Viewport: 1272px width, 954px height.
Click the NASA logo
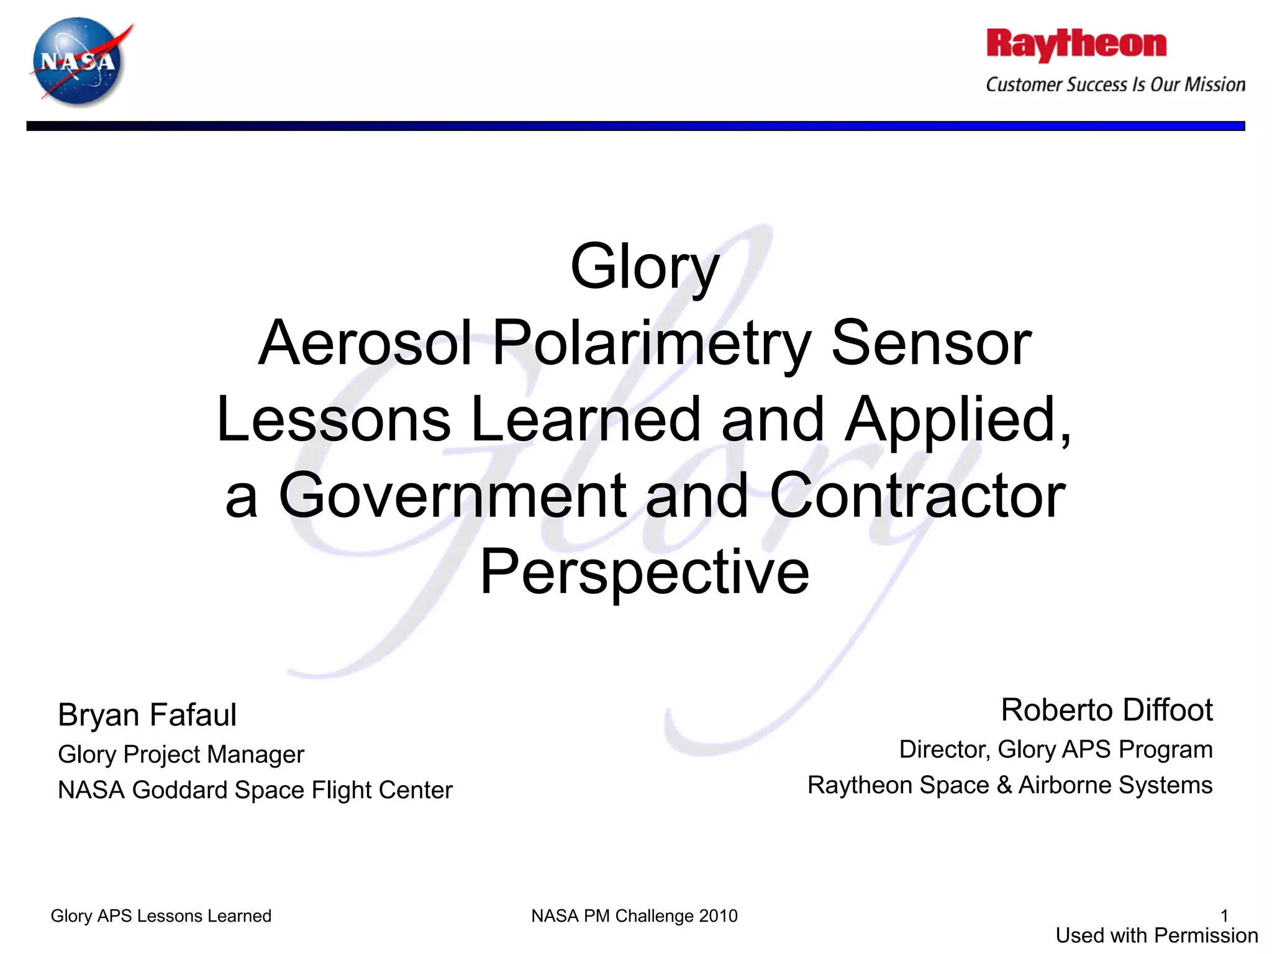(x=79, y=61)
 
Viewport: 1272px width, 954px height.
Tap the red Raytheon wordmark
(x=1076, y=45)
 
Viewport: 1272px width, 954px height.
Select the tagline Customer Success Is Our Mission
(x=1115, y=84)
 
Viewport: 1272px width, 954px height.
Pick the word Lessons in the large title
(x=334, y=420)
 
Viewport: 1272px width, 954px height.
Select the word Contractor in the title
(x=917, y=496)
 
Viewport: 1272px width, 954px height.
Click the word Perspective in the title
(x=645, y=572)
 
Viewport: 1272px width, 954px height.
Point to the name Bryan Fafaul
(x=147, y=715)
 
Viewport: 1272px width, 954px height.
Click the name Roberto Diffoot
(x=1107, y=710)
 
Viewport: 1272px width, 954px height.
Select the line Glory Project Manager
(x=181, y=755)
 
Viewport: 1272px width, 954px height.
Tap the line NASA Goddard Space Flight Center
(x=255, y=790)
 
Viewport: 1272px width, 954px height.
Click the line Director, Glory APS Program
(x=1056, y=750)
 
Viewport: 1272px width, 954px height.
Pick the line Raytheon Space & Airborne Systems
(x=1010, y=785)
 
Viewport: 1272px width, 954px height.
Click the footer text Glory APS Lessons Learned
(x=161, y=916)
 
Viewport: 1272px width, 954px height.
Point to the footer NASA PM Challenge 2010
(x=634, y=916)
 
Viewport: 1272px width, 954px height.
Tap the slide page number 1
(x=1224, y=915)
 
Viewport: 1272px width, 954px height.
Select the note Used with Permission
(x=1156, y=935)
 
